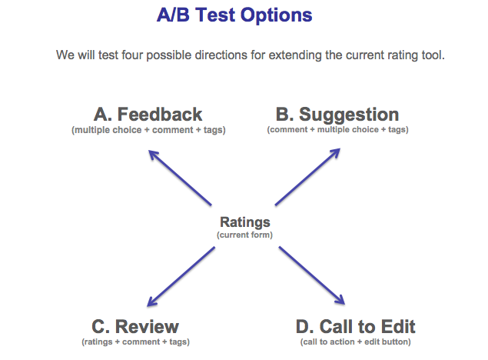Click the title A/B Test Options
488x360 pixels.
click(x=234, y=15)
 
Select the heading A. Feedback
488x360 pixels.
click(x=148, y=115)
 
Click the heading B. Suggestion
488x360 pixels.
click(x=337, y=115)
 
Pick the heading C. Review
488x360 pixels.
click(x=135, y=326)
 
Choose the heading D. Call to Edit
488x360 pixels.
click(x=355, y=326)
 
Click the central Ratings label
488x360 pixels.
click(x=245, y=222)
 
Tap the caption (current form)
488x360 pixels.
click(x=244, y=235)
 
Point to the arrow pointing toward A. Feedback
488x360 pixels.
click(x=180, y=178)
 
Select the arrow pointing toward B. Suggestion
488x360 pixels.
click(x=307, y=177)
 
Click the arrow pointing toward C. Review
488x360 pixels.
click(x=181, y=277)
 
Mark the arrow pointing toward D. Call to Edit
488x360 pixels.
click(x=312, y=275)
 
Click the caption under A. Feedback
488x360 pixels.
click(x=148, y=130)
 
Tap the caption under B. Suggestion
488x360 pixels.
click(x=337, y=129)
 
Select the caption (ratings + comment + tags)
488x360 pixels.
click(x=136, y=342)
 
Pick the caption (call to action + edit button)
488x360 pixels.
click(x=355, y=342)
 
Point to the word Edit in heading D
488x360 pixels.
click(x=398, y=326)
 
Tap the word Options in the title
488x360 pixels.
click(x=276, y=15)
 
